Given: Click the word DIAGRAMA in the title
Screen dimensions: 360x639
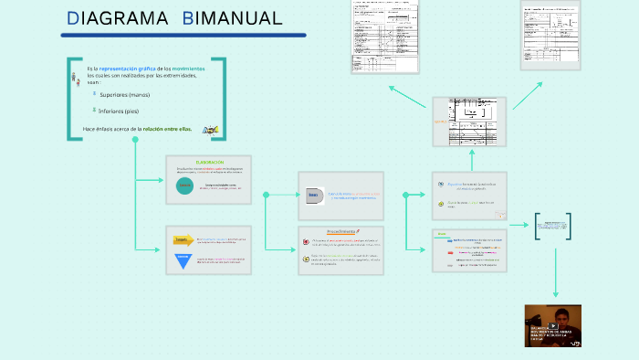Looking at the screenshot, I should coord(118,18).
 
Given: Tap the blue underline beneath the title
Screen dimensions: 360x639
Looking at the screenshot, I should coord(183,36).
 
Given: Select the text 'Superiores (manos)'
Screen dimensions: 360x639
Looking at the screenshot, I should coord(125,94).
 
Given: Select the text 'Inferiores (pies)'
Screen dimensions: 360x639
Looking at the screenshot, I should coord(123,111).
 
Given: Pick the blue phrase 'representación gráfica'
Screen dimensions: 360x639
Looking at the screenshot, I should coord(127,69).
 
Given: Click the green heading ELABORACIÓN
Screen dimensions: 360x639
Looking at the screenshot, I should coord(209,162).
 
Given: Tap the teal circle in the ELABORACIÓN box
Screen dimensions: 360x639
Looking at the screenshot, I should coord(185,185).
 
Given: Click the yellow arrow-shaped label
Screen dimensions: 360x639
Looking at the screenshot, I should coord(183,241).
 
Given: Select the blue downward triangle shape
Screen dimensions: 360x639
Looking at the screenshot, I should coord(183,260).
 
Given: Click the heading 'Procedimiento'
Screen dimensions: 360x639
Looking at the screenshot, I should coord(340,232).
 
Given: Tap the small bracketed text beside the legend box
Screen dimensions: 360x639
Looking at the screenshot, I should coord(553,227).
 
